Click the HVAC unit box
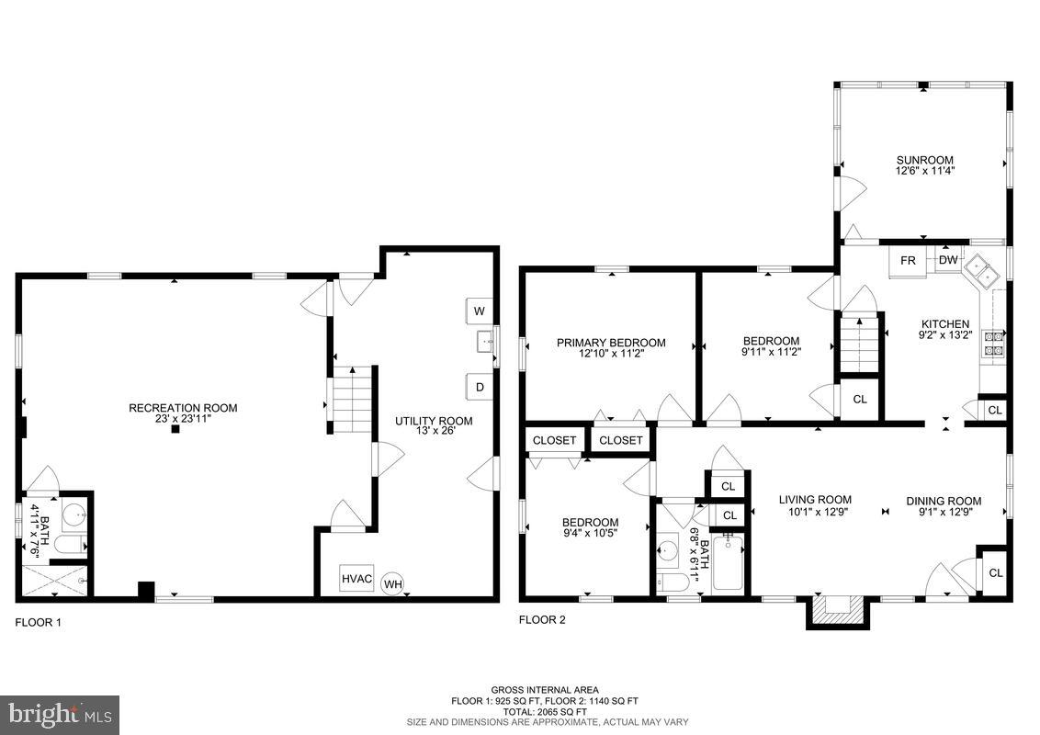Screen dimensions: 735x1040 coord(356,579)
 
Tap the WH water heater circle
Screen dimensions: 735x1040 coord(392,583)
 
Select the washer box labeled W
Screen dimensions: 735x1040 coord(479,311)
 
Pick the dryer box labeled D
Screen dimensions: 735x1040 coord(479,387)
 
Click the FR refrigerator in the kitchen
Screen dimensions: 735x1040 coord(908,261)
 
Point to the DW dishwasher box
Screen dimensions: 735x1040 coord(948,261)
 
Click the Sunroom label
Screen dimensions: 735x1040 coord(925,160)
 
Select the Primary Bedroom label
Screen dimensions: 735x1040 coord(611,343)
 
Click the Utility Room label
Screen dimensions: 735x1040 coord(434,421)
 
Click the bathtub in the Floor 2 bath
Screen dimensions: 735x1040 coord(731,562)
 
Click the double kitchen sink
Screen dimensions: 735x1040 coord(984,270)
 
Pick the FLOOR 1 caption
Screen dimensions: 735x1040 coord(39,622)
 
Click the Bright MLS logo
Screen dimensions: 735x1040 coord(59,714)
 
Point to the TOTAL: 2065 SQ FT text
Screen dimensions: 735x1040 coord(544,712)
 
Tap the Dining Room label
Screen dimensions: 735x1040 coord(944,501)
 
